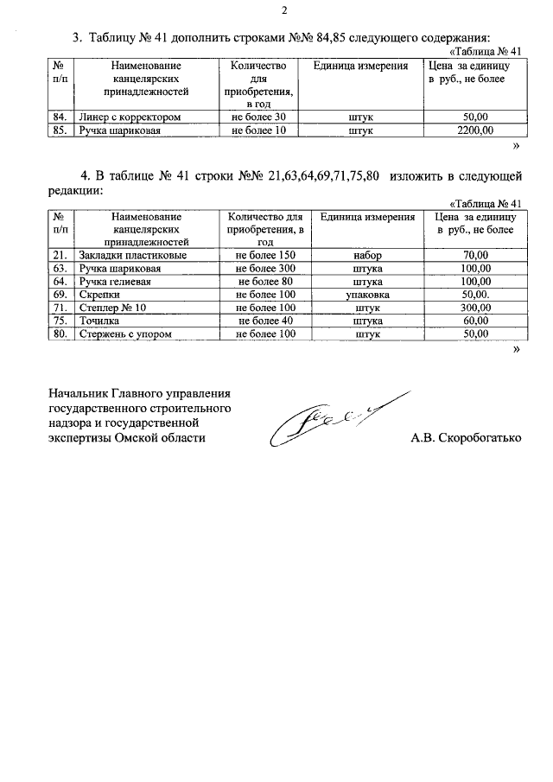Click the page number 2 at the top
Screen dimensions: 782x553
click(x=283, y=12)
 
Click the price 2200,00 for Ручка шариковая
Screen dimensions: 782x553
click(x=475, y=130)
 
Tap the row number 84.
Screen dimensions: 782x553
click(x=60, y=117)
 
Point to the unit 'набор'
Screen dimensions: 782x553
click(x=368, y=256)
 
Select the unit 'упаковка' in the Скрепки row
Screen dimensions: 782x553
click(x=368, y=295)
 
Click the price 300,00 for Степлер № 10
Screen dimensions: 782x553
click(x=476, y=308)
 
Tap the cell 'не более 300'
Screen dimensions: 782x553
click(x=265, y=269)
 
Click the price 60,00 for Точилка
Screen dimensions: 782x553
click(x=476, y=321)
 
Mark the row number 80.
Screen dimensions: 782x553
click(x=60, y=334)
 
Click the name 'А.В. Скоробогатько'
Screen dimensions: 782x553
click(x=466, y=438)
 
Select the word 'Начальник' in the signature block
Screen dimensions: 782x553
click(x=82, y=394)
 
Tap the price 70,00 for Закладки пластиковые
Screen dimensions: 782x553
click(x=476, y=256)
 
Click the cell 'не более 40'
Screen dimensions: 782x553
click(x=265, y=321)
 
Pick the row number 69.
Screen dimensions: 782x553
click(x=60, y=295)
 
